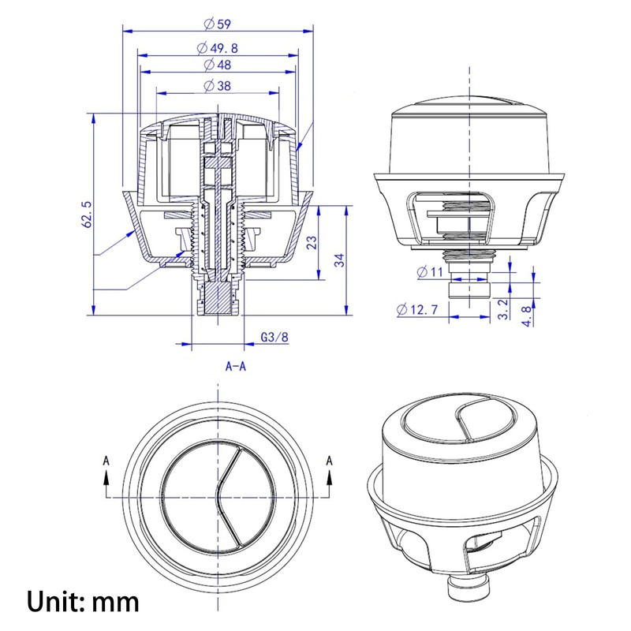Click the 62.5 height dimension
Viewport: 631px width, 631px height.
88,214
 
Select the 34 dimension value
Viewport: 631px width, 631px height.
339,259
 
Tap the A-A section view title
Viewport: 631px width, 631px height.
237,367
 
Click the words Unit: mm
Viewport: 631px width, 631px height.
84,602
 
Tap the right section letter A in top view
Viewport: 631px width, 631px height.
330,459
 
